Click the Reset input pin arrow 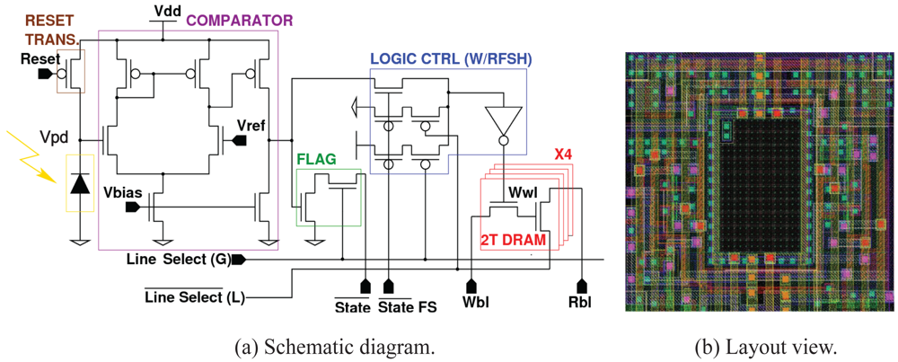(43, 74)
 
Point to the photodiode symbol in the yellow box (80, 184)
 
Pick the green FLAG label (316, 158)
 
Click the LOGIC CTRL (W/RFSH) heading (451, 59)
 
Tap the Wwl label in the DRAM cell (522, 191)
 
